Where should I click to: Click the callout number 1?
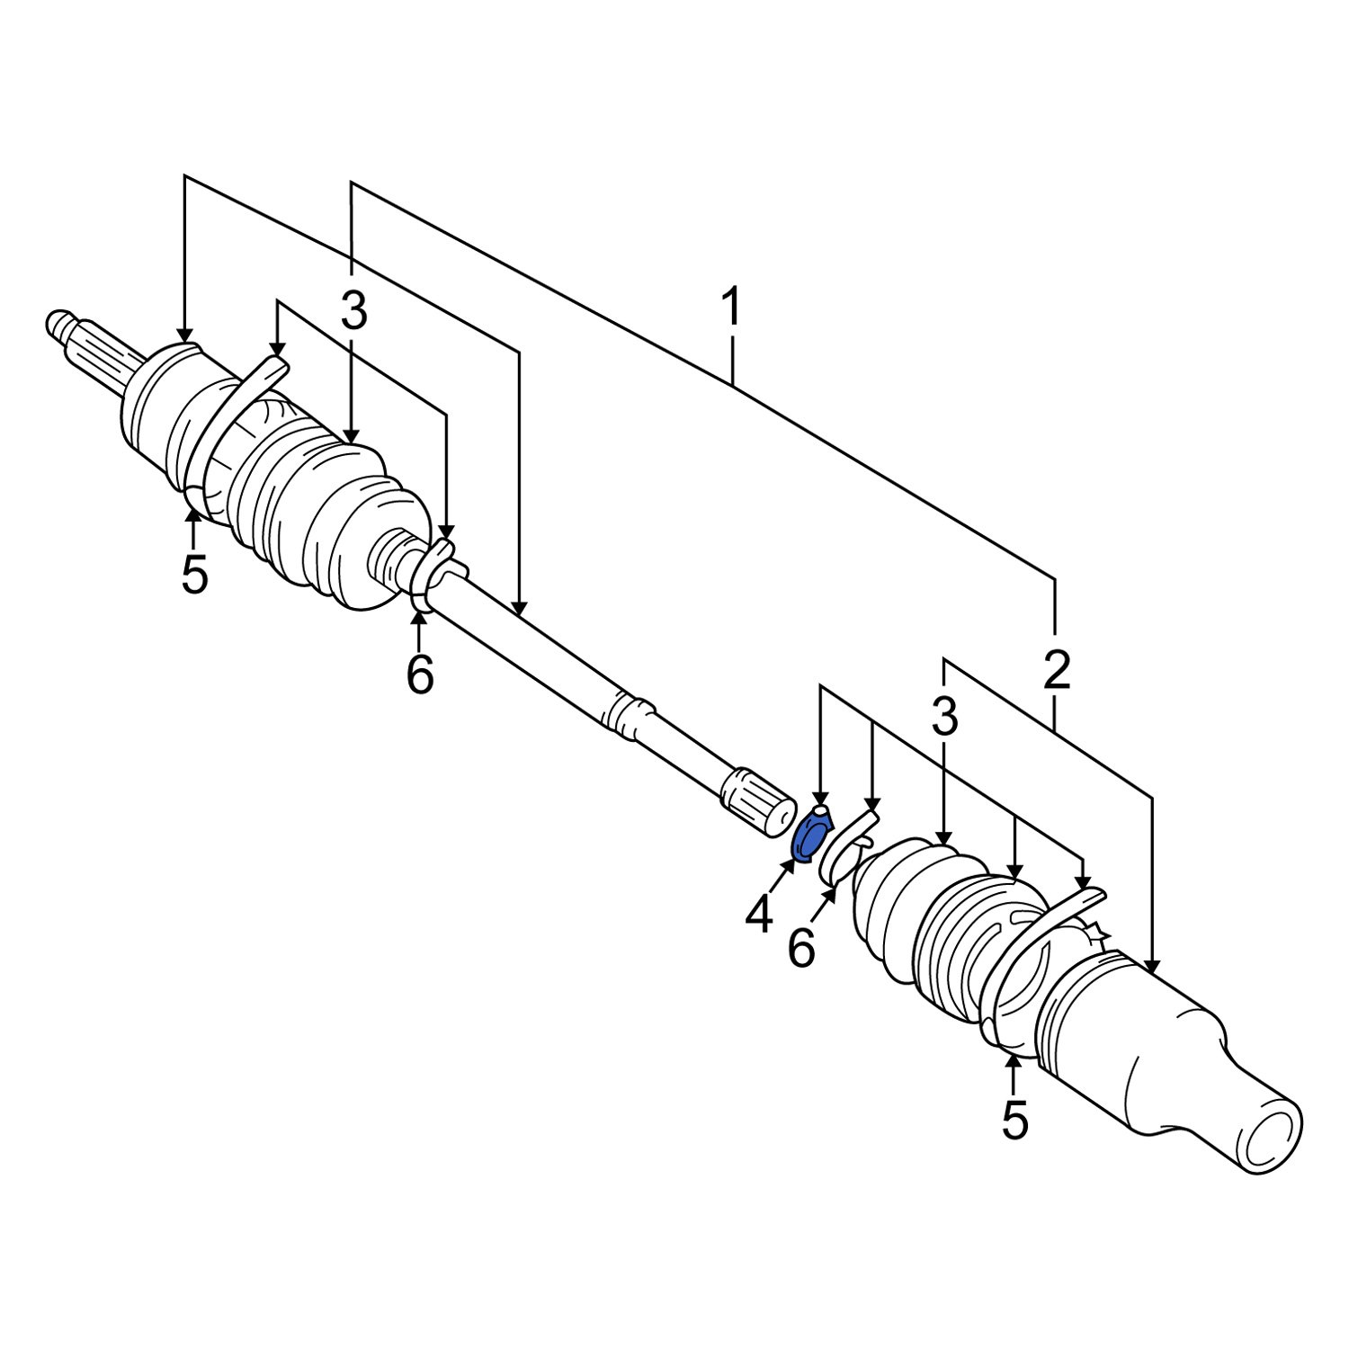(x=733, y=308)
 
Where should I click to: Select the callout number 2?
(x=1056, y=670)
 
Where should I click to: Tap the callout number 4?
(x=758, y=915)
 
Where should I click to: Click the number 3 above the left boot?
(x=353, y=313)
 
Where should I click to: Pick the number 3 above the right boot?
(x=943, y=718)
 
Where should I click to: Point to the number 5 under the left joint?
(x=194, y=574)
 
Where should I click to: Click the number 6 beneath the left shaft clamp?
(x=420, y=674)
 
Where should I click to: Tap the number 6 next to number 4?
(x=801, y=949)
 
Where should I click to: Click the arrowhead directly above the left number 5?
(x=192, y=514)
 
